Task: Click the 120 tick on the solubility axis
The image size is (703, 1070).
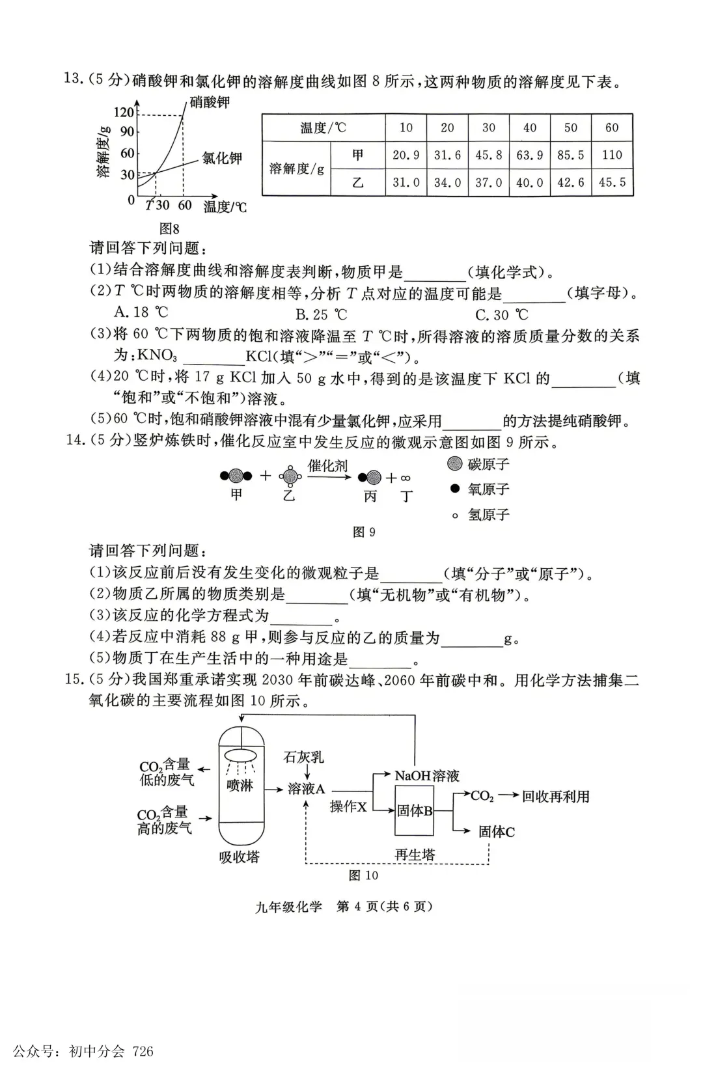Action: coord(123,112)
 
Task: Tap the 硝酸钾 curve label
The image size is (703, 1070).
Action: coord(210,102)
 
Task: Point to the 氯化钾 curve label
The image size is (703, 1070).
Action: coord(221,158)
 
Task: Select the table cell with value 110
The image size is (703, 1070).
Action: coord(612,155)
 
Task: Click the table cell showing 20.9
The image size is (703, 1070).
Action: coord(406,155)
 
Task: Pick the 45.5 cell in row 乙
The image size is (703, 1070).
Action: coord(612,183)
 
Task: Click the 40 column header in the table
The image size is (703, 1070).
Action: coord(530,128)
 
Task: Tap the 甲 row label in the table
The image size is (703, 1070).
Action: coord(357,155)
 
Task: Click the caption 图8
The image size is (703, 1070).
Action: coord(169,228)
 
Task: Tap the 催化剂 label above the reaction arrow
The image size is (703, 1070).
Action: coord(327,465)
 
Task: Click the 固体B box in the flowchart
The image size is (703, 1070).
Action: coord(415,811)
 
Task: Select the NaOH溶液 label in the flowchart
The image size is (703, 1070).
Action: coord(427,775)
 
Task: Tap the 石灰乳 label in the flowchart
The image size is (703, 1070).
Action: coord(303,757)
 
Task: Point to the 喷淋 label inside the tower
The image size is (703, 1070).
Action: coord(240,786)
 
